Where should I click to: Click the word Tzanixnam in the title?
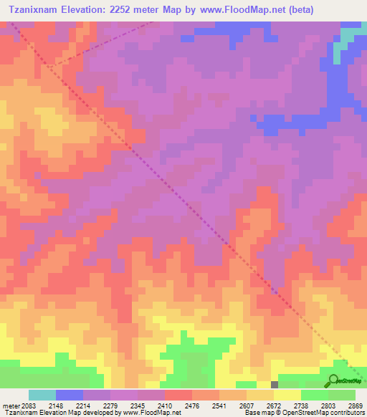coord(39,10)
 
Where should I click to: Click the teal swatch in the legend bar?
coord(42,395)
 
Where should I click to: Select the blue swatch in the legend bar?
coord(69,395)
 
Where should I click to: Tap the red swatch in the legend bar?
coord(178,395)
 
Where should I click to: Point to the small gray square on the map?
coord(275,385)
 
